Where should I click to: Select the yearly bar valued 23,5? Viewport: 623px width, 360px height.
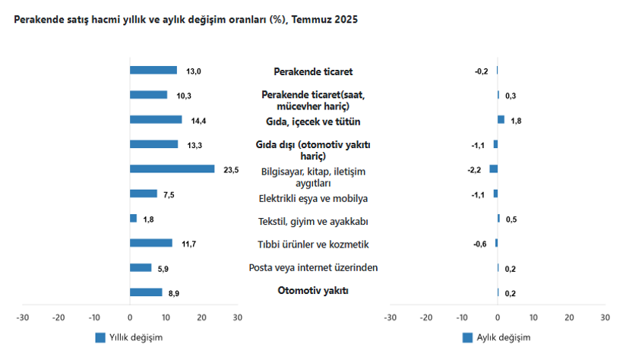172,169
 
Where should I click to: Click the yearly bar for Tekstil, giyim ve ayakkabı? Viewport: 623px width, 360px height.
134,219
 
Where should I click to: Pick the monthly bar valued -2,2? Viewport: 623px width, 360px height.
494,169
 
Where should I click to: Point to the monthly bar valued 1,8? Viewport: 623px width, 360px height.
501,119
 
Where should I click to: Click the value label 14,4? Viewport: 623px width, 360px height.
199,121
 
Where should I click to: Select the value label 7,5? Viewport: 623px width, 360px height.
169,195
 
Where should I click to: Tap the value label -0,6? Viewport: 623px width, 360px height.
480,244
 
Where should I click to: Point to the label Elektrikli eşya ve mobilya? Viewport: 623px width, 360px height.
313,199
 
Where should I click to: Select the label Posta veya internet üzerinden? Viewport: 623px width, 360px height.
313,267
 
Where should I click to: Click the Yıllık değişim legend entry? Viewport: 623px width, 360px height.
129,337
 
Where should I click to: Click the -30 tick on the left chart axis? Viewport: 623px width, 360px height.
23,317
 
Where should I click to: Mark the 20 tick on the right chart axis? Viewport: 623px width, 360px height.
569,317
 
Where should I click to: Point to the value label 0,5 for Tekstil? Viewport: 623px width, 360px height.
511,219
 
